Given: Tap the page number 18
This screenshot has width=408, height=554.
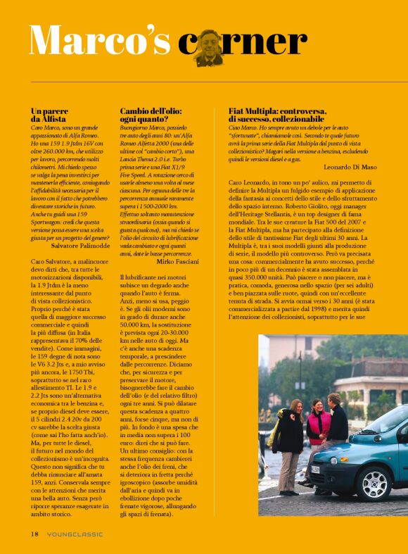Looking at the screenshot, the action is (x=34, y=534).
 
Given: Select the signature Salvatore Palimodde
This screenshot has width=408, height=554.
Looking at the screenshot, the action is (x=81, y=246).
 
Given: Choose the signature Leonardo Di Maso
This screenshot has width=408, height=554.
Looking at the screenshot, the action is (x=357, y=167).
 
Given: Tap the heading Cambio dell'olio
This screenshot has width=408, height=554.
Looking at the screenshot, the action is (x=151, y=111).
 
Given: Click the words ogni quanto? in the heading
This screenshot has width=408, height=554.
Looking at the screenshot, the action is (x=141, y=120).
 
